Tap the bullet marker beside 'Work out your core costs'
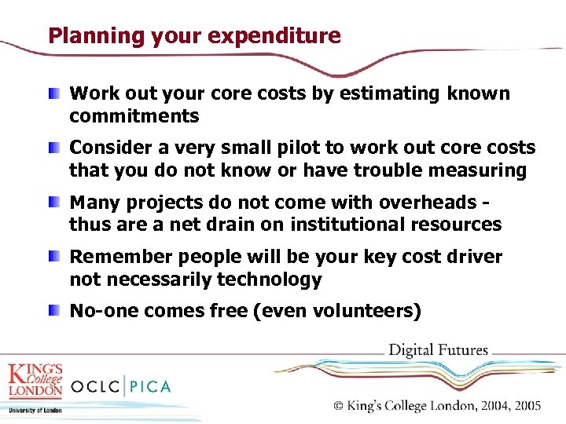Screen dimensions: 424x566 click(52, 94)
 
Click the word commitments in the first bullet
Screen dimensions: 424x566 click(134, 117)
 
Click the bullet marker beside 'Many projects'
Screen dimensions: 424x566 click(52, 203)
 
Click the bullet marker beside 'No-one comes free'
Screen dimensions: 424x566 click(52, 312)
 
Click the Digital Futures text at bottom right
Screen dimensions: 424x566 click(439, 350)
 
